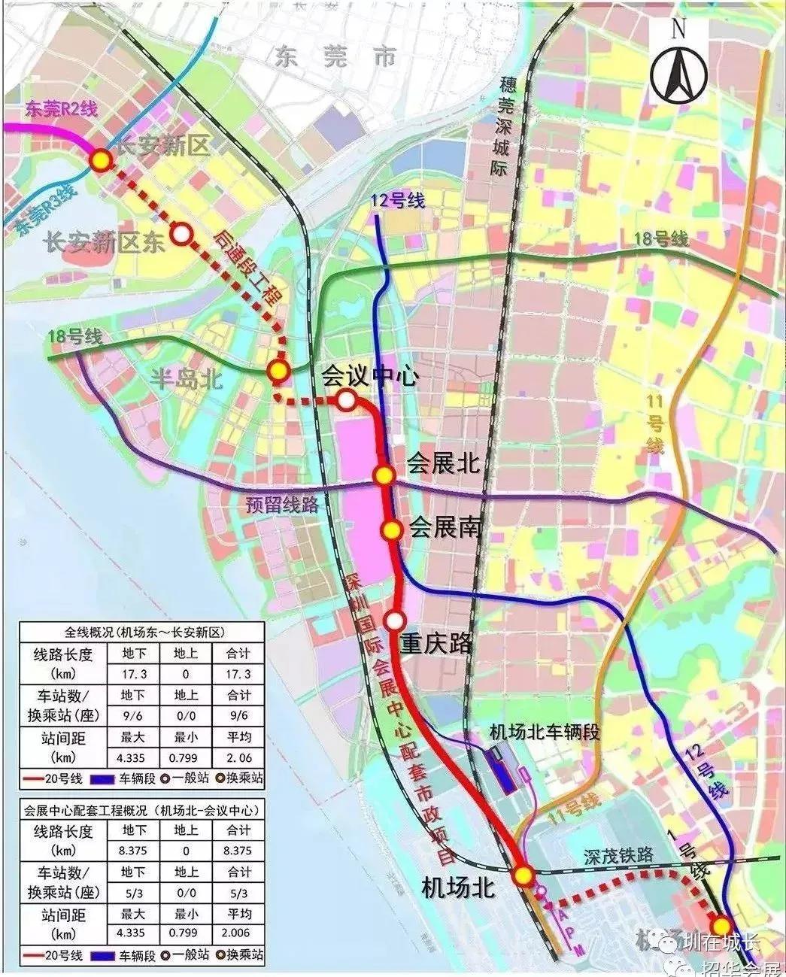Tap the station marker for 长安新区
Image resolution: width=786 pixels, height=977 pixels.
(x=101, y=160)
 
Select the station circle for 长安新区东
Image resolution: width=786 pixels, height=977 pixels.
(x=181, y=234)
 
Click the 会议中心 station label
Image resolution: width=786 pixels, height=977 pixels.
(x=369, y=376)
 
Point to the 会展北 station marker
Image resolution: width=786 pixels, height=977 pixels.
(x=384, y=475)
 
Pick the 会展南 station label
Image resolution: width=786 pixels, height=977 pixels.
(x=444, y=529)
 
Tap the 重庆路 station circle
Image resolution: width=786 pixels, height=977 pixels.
(x=396, y=620)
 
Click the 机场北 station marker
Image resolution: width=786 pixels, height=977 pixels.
(x=523, y=875)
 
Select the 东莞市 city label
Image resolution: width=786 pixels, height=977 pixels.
(x=335, y=57)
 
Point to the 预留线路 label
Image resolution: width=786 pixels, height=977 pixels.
(x=282, y=505)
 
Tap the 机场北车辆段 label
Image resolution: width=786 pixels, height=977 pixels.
(x=545, y=732)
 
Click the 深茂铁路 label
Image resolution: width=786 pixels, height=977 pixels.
(x=618, y=857)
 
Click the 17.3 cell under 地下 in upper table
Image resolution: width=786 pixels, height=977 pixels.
(x=133, y=674)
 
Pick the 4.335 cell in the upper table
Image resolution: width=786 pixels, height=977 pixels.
(x=133, y=757)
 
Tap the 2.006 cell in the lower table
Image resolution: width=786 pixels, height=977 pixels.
(x=238, y=934)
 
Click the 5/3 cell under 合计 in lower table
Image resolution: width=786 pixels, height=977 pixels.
(x=238, y=893)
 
